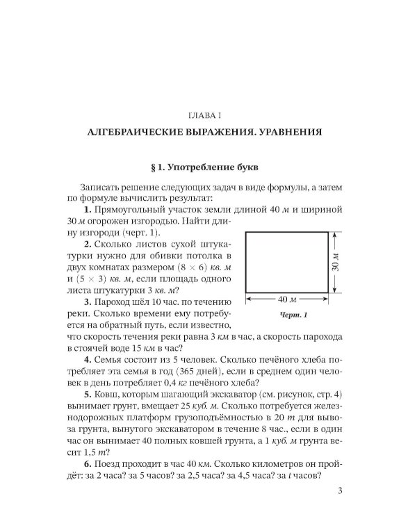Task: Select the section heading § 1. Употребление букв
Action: (x=208, y=167)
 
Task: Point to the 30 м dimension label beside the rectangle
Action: (x=337, y=264)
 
